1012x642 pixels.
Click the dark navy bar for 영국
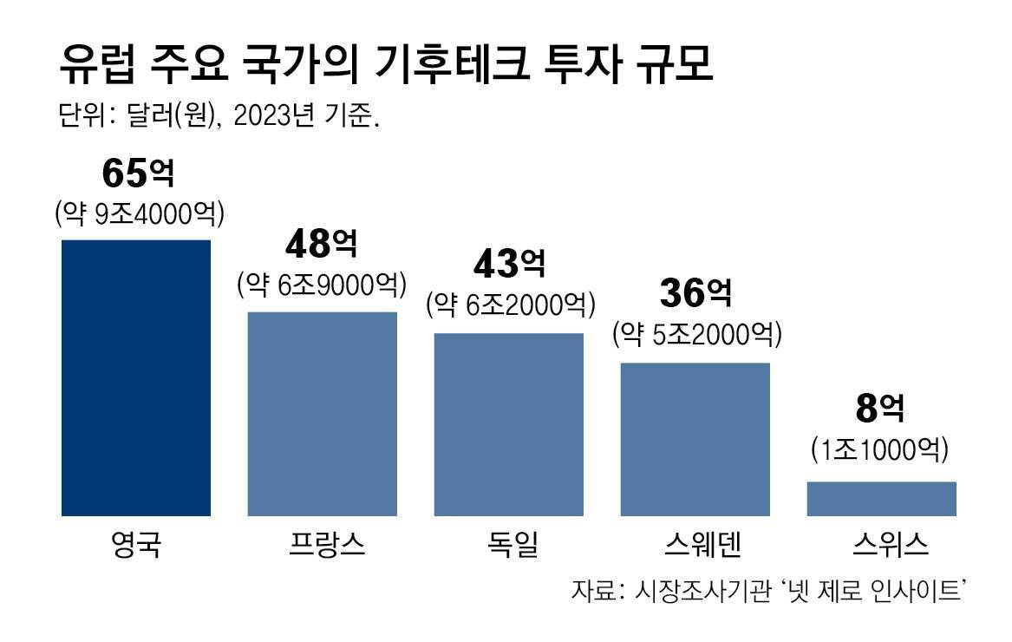(136, 377)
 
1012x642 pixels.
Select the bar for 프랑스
(323, 414)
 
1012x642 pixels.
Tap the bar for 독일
(509, 424)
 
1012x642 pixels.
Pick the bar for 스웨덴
(695, 439)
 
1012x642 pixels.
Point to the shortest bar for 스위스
(881, 499)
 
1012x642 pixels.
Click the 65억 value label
(138, 174)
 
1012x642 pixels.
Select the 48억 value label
(322, 246)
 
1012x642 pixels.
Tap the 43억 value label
(509, 265)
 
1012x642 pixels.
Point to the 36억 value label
(695, 294)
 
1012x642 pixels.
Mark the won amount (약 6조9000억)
(322, 285)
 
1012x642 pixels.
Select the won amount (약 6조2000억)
(509, 304)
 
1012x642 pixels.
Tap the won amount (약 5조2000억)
(696, 333)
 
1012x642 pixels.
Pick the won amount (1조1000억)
(881, 450)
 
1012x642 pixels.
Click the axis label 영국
(136, 546)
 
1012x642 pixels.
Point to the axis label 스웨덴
(696, 546)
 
